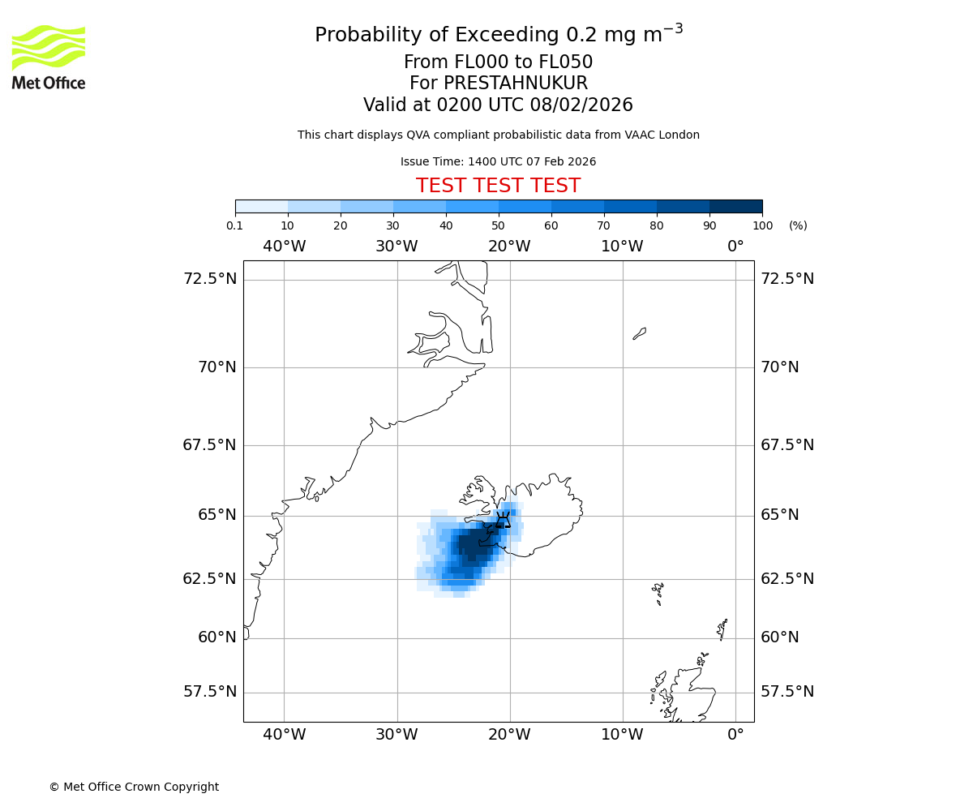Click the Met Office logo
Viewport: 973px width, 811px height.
(49, 57)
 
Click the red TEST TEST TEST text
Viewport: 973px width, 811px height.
(498, 187)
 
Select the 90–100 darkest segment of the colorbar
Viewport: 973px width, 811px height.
(735, 207)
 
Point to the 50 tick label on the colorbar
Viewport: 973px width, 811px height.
(498, 225)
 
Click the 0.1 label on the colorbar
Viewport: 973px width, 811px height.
(235, 225)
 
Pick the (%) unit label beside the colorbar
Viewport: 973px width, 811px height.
(798, 225)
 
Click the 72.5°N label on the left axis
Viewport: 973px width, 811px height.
(209, 279)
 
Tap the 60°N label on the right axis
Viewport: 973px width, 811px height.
(779, 637)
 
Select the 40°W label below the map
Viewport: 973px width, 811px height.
(284, 736)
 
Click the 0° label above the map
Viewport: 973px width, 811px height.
(735, 247)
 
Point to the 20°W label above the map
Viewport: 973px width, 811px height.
(509, 247)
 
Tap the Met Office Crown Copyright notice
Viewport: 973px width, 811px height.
(134, 787)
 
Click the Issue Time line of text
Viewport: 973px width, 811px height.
(498, 162)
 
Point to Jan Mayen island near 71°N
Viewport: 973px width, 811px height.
(640, 333)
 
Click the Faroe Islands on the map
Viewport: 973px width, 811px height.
(658, 593)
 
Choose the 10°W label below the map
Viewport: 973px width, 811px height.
(622, 736)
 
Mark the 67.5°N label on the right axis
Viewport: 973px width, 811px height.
(787, 445)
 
